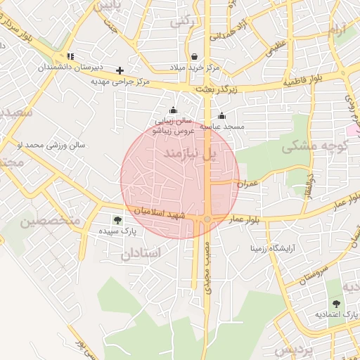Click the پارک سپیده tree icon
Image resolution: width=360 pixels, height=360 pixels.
coord(117,220)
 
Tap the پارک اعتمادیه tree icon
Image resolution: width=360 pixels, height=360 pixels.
coord(335,303)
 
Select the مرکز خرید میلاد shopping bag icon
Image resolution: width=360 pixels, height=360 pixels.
coord(194,57)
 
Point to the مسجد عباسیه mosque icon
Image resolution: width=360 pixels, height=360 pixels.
coord(222,116)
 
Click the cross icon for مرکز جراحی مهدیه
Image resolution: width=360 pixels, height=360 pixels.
coord(120,70)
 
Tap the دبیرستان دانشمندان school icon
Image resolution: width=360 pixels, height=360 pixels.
coord(70,56)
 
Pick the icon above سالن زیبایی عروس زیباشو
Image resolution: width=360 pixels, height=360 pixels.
coord(173,110)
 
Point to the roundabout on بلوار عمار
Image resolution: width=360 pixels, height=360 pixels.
coord(207,220)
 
